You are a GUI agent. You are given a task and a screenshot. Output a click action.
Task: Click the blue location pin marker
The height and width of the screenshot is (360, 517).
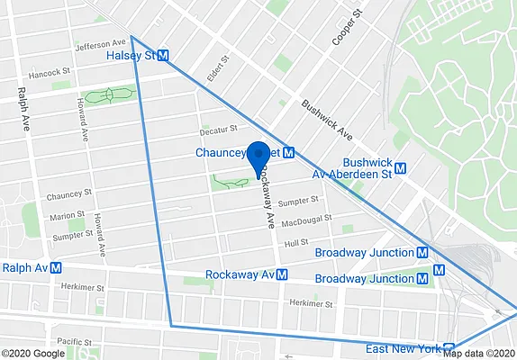pos(258,157)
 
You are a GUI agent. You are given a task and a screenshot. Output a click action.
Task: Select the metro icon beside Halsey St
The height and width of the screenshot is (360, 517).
pos(164,56)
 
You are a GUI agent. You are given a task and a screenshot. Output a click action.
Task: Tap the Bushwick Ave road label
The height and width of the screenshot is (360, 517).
pos(327,119)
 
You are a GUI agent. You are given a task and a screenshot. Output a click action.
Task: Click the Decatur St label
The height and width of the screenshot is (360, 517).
pos(219,130)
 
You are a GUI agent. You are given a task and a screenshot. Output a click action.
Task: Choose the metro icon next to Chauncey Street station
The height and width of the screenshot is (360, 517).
pos(289,153)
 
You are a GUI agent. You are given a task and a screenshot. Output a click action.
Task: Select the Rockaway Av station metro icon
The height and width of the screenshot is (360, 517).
pos(282,274)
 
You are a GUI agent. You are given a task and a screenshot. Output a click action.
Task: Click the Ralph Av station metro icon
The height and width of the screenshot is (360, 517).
pos(56,267)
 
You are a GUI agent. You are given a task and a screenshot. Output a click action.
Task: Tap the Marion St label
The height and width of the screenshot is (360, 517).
pos(68,216)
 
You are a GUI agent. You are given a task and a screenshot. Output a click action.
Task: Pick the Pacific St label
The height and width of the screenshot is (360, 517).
pos(73,342)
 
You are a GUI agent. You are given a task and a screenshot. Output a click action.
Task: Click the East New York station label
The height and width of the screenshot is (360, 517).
pos(403,348)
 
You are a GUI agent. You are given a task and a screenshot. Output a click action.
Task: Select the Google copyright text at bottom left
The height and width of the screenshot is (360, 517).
pos(34,353)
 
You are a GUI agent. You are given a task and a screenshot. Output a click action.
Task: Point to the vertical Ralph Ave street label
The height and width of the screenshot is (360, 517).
pos(23,110)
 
